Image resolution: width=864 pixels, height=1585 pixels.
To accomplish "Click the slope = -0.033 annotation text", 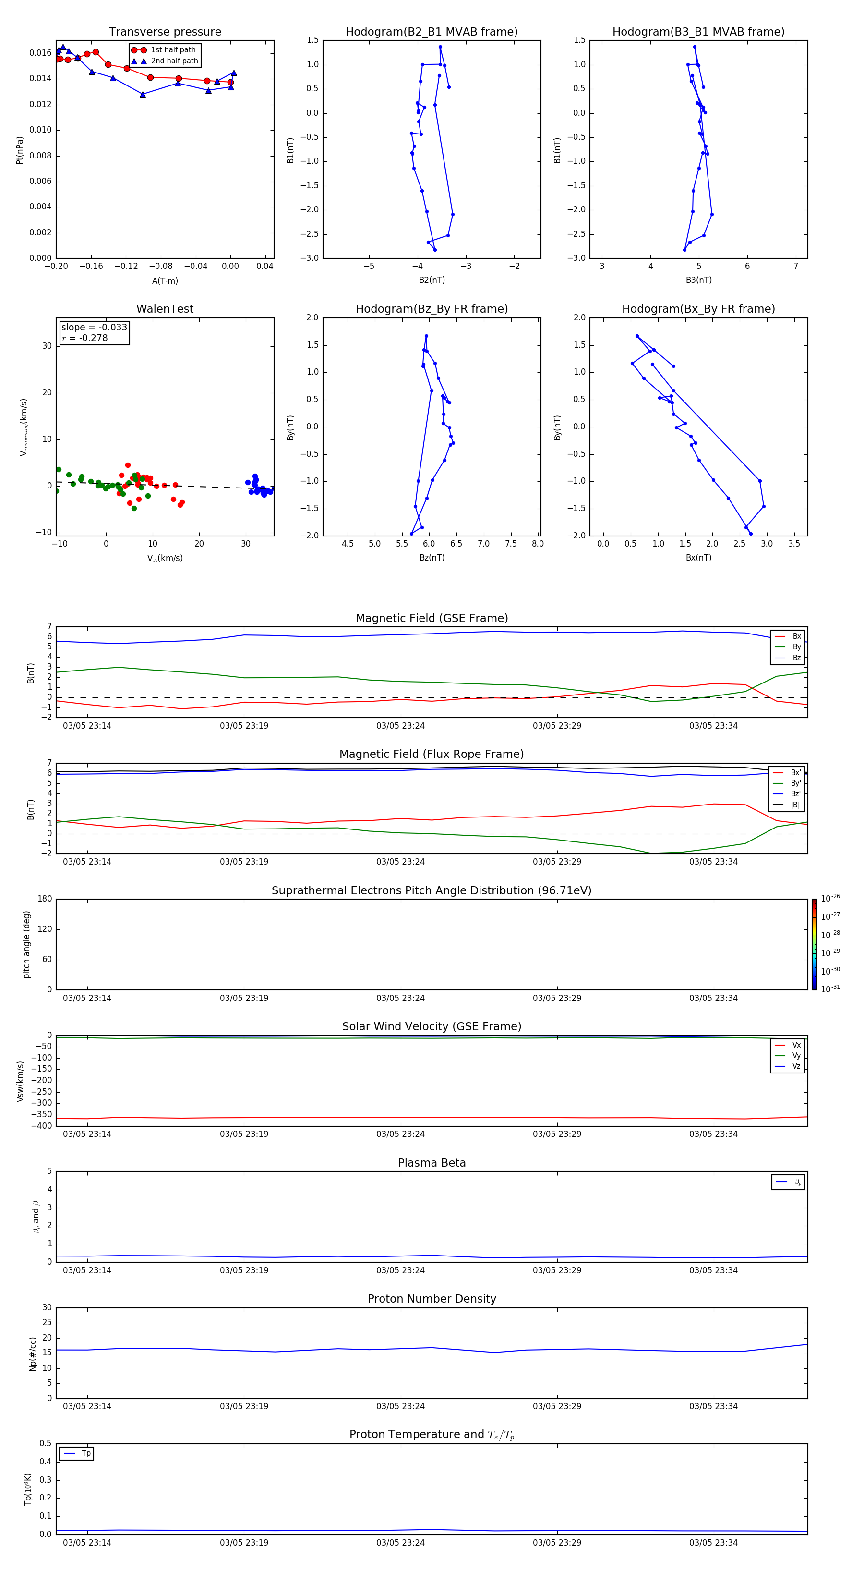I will click(x=94, y=328).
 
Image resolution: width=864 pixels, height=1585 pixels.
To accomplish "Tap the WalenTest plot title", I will click(x=165, y=309).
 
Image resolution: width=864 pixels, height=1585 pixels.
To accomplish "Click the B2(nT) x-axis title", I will click(x=432, y=280).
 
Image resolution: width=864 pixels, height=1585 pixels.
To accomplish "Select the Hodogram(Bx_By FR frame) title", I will click(x=698, y=309).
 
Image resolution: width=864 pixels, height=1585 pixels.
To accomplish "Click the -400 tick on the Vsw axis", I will click(x=42, y=1126).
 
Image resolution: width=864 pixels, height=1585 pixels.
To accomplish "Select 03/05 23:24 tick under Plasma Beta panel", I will click(x=400, y=1270).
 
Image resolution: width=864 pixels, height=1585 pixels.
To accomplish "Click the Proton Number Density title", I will click(x=432, y=1299).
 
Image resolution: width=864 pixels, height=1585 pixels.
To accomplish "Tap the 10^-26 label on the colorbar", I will click(x=830, y=898).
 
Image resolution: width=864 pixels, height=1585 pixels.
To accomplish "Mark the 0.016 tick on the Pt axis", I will click(x=41, y=53).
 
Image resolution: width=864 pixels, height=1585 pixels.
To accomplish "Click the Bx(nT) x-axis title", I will click(x=698, y=558).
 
